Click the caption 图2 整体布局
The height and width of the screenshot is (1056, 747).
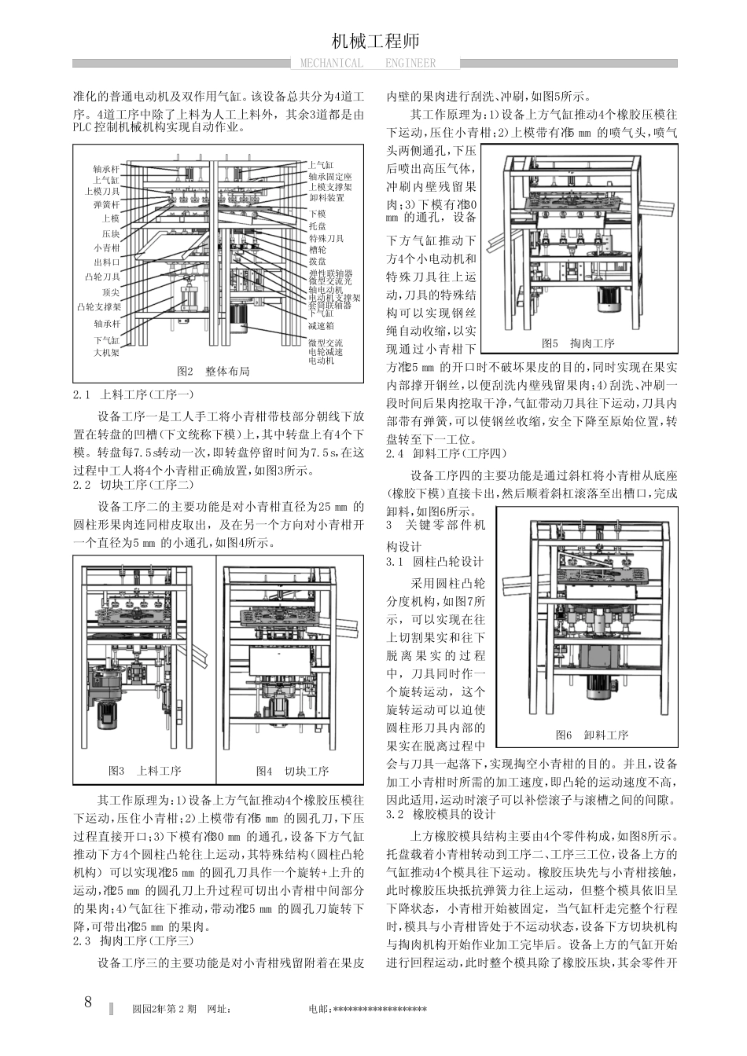(x=213, y=371)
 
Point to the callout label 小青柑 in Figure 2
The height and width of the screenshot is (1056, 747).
(x=106, y=247)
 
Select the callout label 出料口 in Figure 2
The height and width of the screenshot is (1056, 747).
(x=106, y=262)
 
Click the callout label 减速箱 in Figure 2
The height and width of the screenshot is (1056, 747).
(x=321, y=324)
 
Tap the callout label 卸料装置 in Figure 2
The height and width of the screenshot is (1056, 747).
(x=326, y=198)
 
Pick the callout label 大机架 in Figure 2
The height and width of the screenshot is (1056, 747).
(x=106, y=353)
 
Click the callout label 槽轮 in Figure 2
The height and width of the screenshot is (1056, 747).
(x=318, y=249)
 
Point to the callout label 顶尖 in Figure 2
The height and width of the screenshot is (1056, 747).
(x=111, y=291)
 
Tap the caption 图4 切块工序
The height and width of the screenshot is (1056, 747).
(x=292, y=771)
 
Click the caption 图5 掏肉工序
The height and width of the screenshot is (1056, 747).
(x=579, y=343)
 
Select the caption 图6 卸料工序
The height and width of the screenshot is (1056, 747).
(x=592, y=735)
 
